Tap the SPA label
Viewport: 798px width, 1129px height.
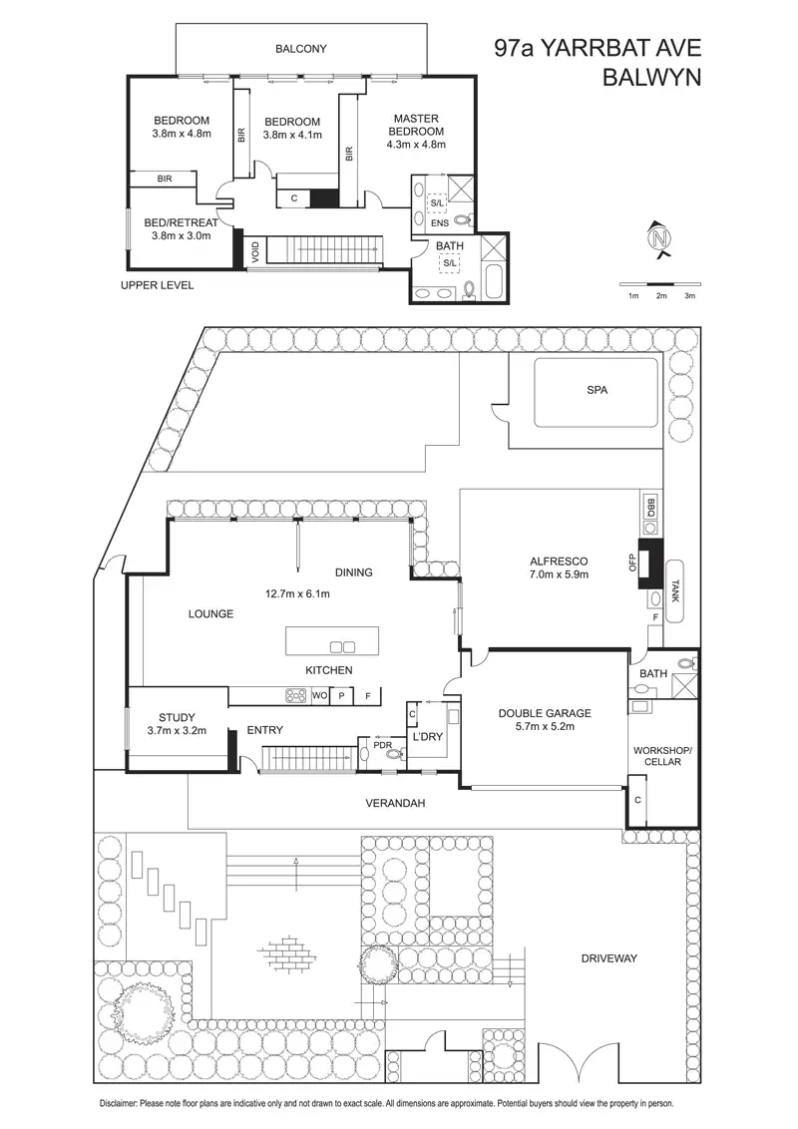597,391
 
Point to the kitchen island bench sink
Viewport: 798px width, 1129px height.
341,645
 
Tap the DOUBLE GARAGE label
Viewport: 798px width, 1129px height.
546,713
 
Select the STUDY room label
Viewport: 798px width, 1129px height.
177,717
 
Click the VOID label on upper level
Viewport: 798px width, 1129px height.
255,250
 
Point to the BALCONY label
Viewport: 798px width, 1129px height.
301,48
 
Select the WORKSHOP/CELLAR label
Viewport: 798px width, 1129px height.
656,755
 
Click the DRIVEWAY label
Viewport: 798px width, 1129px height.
609,958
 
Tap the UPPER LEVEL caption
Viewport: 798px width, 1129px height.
157,285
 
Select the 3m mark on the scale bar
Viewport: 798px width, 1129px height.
689,296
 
